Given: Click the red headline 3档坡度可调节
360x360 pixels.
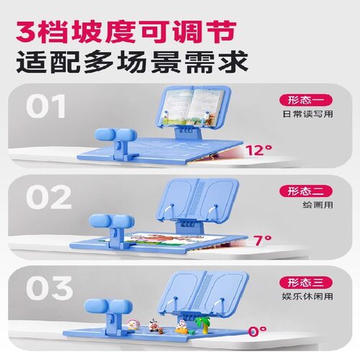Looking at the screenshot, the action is coord(126,32).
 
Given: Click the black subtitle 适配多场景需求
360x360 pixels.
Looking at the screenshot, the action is coord(132,61).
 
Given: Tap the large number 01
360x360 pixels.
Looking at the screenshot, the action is coord(46,106).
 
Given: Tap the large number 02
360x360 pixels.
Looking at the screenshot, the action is coord(49,197).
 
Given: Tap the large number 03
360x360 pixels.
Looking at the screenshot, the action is coord(49,288).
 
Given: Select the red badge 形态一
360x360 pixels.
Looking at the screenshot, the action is coord(306,100).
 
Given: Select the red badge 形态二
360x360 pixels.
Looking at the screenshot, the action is coord(306,192).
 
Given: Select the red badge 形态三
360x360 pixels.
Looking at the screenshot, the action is coord(306,282).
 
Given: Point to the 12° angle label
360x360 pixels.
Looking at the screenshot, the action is coord(258,150).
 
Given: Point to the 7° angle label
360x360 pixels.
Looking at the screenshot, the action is coord(263,240).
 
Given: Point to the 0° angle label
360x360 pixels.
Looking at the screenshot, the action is coord(257,331).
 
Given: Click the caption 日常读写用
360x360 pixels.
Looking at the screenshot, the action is coord(307,114).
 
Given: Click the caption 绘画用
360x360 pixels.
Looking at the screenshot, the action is coord(318,205).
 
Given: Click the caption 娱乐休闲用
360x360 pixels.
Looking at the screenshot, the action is coord(307,296).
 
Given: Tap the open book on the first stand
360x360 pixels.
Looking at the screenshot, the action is coord(194,106).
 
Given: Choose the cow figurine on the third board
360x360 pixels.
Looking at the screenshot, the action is coord(156,326).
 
